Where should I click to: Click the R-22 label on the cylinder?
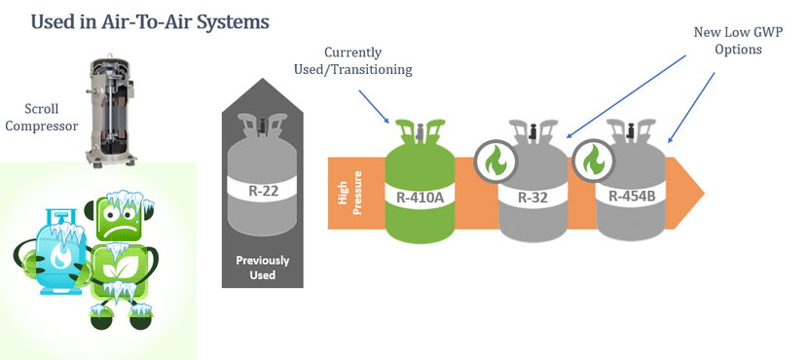coord(263,191)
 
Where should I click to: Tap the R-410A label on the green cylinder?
coord(420,198)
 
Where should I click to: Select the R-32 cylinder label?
coord(533,197)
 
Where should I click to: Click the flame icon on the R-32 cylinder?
coord(496,161)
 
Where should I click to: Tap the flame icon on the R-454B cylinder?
coord(593,161)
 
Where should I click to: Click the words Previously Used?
coord(263,268)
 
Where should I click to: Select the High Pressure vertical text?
coord(349,193)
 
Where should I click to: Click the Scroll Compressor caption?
coord(41,117)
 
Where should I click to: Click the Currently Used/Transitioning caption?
coord(353,60)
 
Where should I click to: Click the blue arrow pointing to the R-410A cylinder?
coord(374,107)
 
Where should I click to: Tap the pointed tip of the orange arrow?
coord(704,193)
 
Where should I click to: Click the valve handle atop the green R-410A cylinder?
coord(420,129)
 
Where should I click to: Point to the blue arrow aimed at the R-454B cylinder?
coord(691,107)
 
